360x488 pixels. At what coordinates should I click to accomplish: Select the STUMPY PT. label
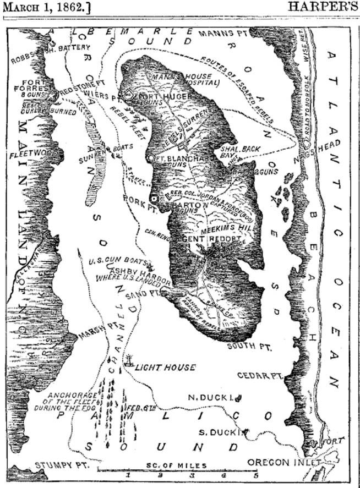click(x=53, y=465)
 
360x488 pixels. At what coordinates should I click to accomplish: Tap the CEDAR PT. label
click(x=259, y=375)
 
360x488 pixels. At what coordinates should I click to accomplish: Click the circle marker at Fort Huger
click(x=129, y=95)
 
